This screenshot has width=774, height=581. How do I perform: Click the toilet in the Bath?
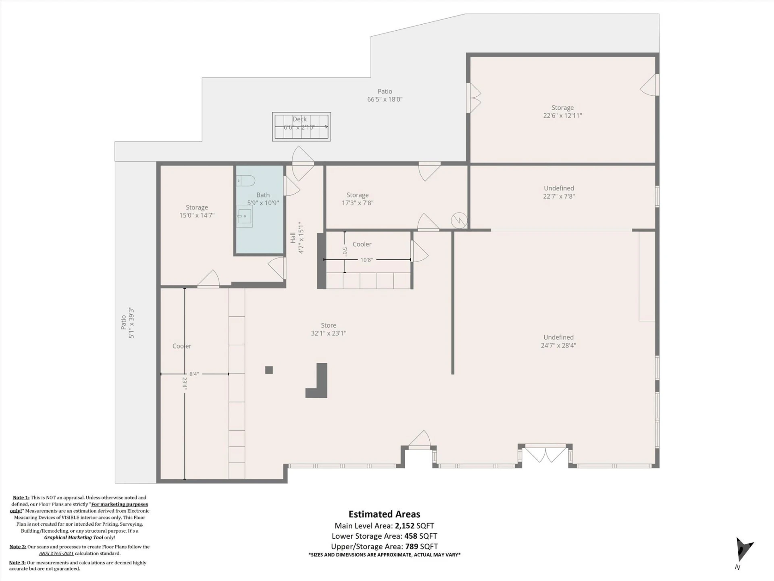[x=246, y=180]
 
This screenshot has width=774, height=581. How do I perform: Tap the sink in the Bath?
[x=244, y=216]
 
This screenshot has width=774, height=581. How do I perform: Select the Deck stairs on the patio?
[x=302, y=127]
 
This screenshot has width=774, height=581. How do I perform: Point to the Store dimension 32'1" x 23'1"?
[x=329, y=333]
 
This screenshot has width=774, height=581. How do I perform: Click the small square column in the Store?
[x=269, y=370]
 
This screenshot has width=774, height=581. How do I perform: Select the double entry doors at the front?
[x=545, y=454]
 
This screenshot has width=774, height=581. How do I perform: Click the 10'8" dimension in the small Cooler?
[x=366, y=260]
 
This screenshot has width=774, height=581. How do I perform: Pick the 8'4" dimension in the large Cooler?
[x=194, y=374]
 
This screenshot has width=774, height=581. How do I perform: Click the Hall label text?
[x=293, y=238]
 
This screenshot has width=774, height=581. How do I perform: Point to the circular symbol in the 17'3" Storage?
[x=459, y=220]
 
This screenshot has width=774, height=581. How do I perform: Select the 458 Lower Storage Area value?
[x=411, y=536]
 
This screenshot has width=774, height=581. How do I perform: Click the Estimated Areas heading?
[x=384, y=514]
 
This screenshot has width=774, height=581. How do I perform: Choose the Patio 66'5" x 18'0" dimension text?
[x=385, y=99]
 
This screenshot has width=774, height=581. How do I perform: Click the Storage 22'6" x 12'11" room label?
[x=562, y=112]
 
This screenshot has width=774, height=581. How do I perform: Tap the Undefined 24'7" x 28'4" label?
[x=558, y=341]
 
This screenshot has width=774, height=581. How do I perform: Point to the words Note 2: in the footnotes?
[x=18, y=547]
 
